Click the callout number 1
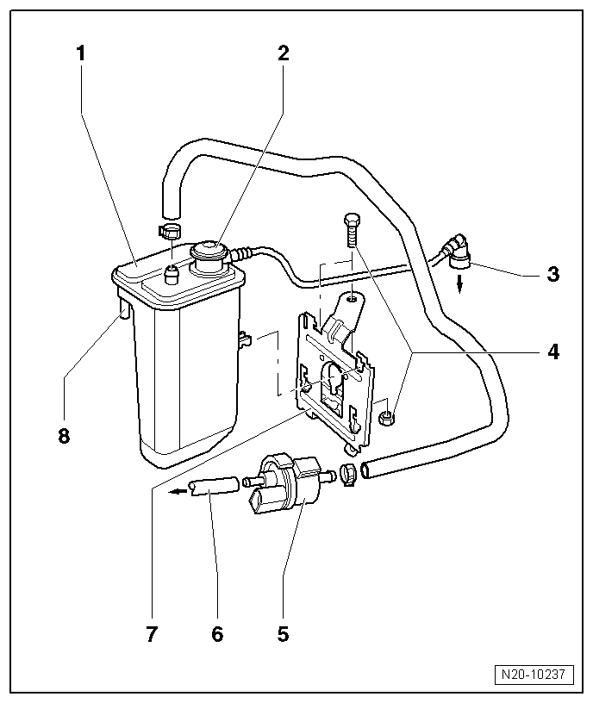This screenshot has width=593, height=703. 81,53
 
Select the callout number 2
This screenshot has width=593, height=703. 284,53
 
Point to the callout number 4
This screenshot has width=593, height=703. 552,351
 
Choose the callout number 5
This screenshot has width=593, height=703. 284,634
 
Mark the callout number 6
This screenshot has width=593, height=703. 217,634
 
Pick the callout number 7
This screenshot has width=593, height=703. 152,634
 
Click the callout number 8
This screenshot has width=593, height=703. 64,435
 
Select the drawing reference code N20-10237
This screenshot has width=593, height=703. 534,674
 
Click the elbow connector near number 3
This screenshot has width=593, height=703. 457,248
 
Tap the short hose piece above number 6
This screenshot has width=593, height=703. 213,488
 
